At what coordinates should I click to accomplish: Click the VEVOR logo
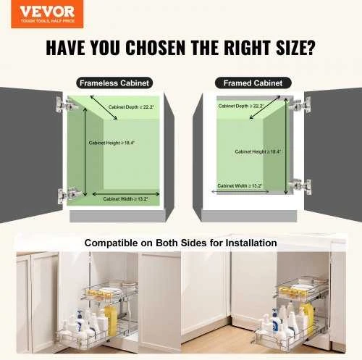47,14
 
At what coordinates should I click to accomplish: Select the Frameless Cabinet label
114,83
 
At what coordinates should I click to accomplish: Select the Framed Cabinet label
253,83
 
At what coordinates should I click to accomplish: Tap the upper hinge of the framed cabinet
300,104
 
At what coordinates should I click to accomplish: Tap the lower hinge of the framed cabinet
300,186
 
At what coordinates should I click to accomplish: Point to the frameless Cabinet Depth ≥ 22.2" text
131,107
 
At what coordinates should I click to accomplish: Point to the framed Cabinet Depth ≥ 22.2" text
240,106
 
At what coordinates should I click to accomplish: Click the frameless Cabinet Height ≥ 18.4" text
111,143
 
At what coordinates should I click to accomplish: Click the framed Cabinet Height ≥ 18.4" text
258,151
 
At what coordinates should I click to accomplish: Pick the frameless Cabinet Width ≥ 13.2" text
125,199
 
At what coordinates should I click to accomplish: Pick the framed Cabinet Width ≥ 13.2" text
240,185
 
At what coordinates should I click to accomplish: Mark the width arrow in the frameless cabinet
126,194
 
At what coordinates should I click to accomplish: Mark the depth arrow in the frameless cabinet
104,108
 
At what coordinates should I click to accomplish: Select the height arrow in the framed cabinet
286,146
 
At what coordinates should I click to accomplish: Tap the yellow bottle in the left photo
111,319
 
